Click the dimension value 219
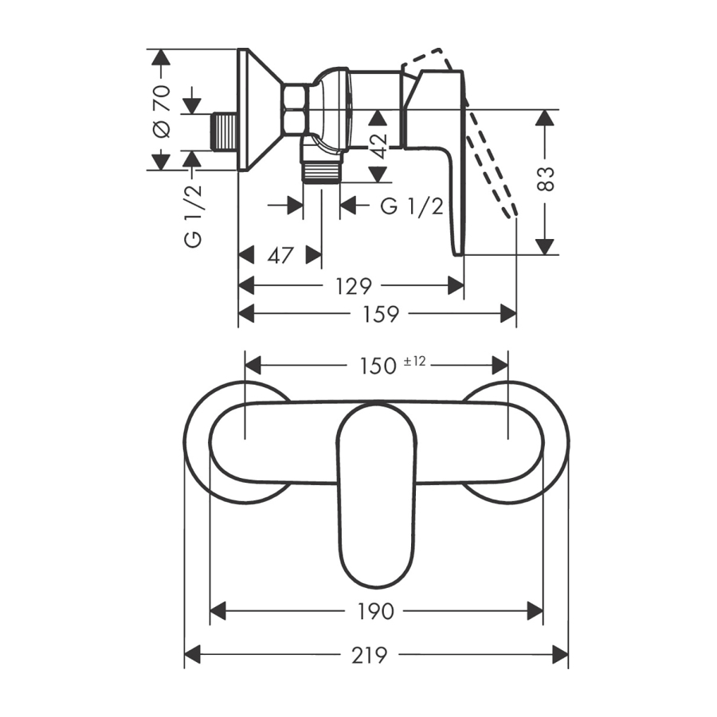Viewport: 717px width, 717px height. pyautogui.click(x=369, y=656)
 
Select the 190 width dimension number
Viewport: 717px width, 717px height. pyautogui.click(x=375, y=611)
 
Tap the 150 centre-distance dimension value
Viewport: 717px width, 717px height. pyautogui.click(x=378, y=366)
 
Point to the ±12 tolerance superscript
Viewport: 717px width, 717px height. pyautogui.click(x=415, y=361)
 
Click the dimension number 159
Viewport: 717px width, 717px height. pyautogui.click(x=381, y=314)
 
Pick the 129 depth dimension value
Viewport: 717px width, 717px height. pyautogui.click(x=354, y=287)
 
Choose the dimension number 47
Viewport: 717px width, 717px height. pyautogui.click(x=280, y=255)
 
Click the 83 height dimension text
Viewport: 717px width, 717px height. pyautogui.click(x=546, y=178)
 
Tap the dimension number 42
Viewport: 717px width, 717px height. pyautogui.click(x=378, y=146)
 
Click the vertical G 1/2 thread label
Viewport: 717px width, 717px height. pyautogui.click(x=194, y=216)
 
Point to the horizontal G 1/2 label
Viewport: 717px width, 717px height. pyautogui.click(x=412, y=206)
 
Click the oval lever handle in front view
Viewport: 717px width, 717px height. pyautogui.click(x=376, y=496)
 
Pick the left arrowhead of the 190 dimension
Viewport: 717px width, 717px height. pyautogui.click(x=218, y=611)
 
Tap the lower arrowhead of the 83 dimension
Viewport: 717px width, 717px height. pyautogui.click(x=545, y=247)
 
